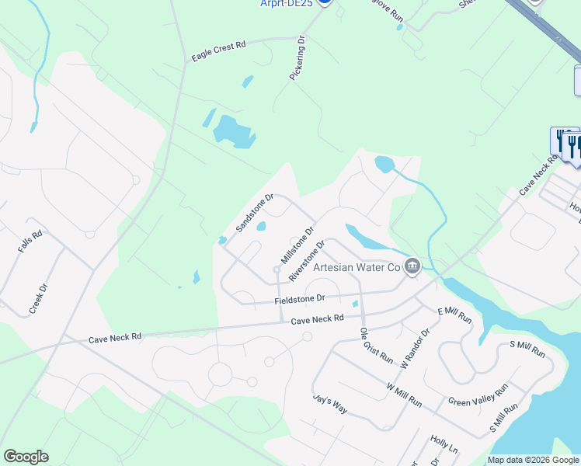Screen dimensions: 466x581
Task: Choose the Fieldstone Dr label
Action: tap(299, 298)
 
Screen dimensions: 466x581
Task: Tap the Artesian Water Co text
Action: tap(356, 267)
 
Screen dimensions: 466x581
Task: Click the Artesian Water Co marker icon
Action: tap(412, 266)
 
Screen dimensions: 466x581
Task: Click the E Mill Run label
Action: tap(455, 315)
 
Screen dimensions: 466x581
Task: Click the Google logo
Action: tap(26, 457)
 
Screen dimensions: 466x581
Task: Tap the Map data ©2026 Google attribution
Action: tap(532, 460)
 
